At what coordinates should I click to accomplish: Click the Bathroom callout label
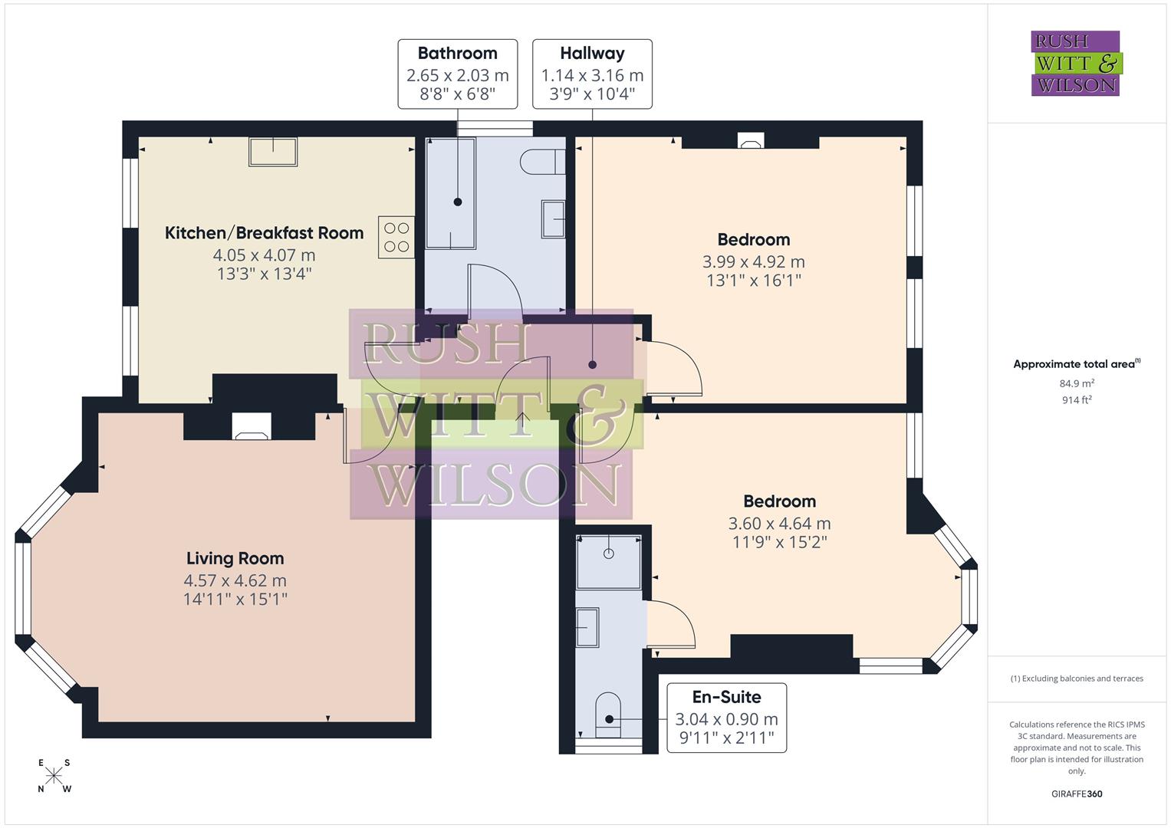[457, 74]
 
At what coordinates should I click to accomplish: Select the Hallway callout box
[592, 74]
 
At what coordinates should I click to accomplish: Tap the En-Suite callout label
[726, 718]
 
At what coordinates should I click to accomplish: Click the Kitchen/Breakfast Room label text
[264, 233]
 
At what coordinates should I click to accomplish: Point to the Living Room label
[235, 558]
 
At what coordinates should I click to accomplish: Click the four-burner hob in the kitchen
[396, 237]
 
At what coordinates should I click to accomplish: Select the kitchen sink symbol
[272, 152]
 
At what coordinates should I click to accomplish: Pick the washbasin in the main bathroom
[553, 219]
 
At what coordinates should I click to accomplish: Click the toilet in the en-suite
[608, 715]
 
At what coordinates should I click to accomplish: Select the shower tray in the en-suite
[608, 562]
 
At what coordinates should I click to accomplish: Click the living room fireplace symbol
[252, 426]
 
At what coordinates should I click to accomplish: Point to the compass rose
[54, 776]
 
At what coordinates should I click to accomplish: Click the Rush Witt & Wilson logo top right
[1075, 63]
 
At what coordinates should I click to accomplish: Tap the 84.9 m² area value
[1077, 383]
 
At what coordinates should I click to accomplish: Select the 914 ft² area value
[1077, 399]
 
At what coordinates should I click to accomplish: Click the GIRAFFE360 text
[1076, 793]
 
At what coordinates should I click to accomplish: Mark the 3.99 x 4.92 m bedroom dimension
[753, 261]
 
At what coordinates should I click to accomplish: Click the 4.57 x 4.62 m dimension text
[235, 580]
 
